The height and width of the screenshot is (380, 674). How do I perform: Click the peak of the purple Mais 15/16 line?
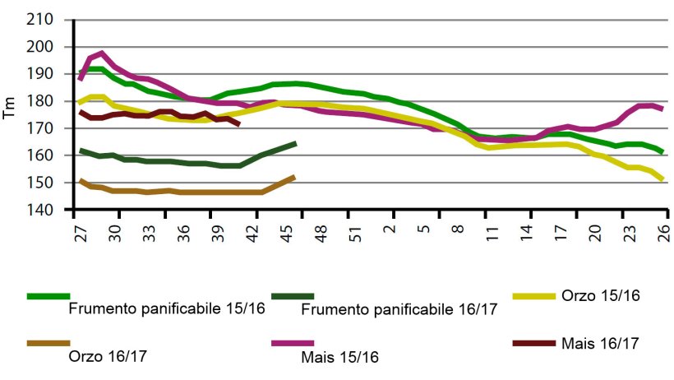point(101,53)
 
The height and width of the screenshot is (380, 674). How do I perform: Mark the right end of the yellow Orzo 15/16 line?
point(662,178)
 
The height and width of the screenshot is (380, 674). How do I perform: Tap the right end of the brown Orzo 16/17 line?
point(294,176)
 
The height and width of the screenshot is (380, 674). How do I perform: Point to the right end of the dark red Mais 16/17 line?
point(238,124)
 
